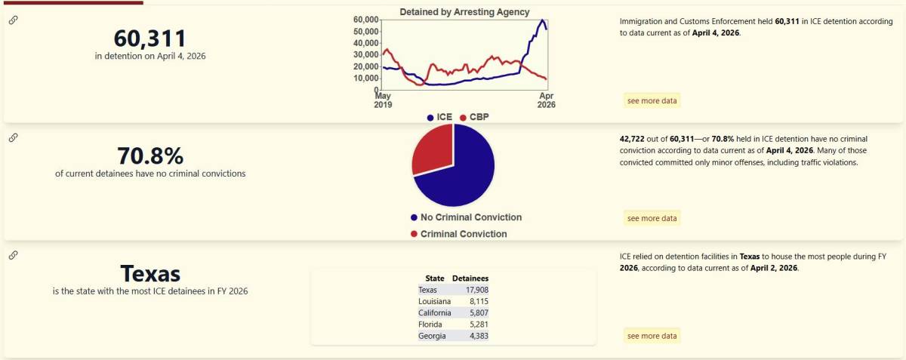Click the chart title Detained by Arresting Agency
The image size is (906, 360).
[464, 12]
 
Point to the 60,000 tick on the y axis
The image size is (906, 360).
[365, 20]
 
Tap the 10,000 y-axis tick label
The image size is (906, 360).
[365, 78]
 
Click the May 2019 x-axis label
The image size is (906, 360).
[383, 100]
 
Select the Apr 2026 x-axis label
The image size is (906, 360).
[546, 100]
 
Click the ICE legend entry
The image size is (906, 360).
[439, 118]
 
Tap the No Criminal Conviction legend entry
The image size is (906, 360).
[466, 217]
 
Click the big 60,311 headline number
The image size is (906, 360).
[149, 38]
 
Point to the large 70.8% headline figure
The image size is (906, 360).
[150, 155]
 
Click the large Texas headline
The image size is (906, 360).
[150, 273]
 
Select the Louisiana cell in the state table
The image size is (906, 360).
[435, 301]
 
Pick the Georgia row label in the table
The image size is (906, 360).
[433, 336]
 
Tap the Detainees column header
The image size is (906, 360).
[470, 278]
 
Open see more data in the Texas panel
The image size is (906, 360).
[652, 336]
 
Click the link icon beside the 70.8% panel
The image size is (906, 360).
[13, 137]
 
